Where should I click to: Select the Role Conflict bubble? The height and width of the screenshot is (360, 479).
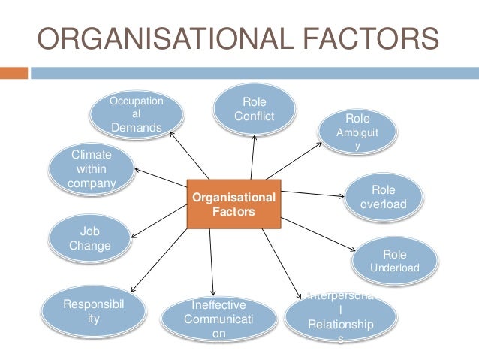[254, 110]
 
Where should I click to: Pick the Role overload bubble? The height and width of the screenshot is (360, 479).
[383, 197]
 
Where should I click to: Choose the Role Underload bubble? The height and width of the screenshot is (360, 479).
[395, 260]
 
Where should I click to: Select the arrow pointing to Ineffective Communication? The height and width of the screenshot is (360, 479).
[213, 259]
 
